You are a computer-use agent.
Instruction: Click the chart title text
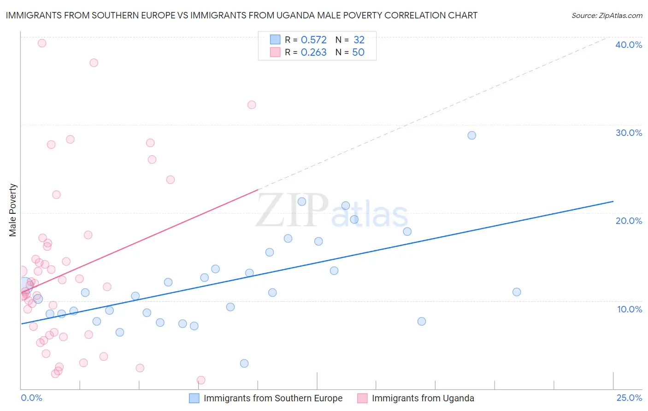[242, 15]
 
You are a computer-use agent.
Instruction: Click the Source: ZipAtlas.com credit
[607, 15]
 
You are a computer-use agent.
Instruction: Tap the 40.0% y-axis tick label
[629, 45]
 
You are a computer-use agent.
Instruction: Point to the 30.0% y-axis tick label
[629, 133]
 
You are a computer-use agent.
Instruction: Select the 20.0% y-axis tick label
[629, 221]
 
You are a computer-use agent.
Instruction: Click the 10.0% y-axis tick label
[630, 309]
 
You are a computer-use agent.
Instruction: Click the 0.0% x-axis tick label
[31, 398]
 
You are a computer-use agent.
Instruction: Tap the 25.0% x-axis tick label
[629, 398]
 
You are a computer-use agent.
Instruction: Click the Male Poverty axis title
[13, 210]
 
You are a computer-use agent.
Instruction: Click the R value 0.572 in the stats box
[314, 40]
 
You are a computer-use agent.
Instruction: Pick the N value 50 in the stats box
[358, 53]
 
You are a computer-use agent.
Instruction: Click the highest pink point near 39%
[42, 43]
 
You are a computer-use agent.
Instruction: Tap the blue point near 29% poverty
[471, 135]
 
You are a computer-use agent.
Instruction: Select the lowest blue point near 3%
[244, 364]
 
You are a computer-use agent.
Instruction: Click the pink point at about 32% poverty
[252, 105]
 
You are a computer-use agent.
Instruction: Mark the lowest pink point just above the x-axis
[201, 380]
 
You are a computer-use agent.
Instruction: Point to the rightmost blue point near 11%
[517, 292]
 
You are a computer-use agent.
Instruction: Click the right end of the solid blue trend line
[613, 201]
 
